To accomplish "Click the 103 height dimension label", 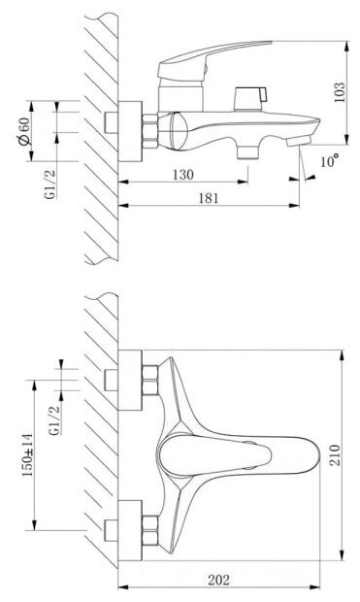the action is pos(340,92).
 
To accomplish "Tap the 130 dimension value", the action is pos(183,175).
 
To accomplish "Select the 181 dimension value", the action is pos(209,198).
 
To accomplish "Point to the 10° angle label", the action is pos(330,160).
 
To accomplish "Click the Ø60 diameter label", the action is pos(24,131).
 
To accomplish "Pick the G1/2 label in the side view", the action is pos(50,184).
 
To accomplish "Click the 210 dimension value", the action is pos(335,455).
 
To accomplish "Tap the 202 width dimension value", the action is pos(218,580).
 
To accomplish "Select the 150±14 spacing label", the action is pos(27,455).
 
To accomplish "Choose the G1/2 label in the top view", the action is pos(55,420).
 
